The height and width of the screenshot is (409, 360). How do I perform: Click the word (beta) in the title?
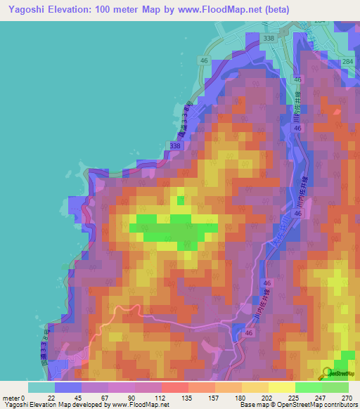click(271, 10)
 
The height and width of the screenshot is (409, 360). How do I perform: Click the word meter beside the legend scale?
click(11, 397)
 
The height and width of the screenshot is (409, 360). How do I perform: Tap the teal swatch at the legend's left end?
click(41, 387)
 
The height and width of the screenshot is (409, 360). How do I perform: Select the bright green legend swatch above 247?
click(309, 387)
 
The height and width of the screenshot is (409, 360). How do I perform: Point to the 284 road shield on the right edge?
click(347, 63)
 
